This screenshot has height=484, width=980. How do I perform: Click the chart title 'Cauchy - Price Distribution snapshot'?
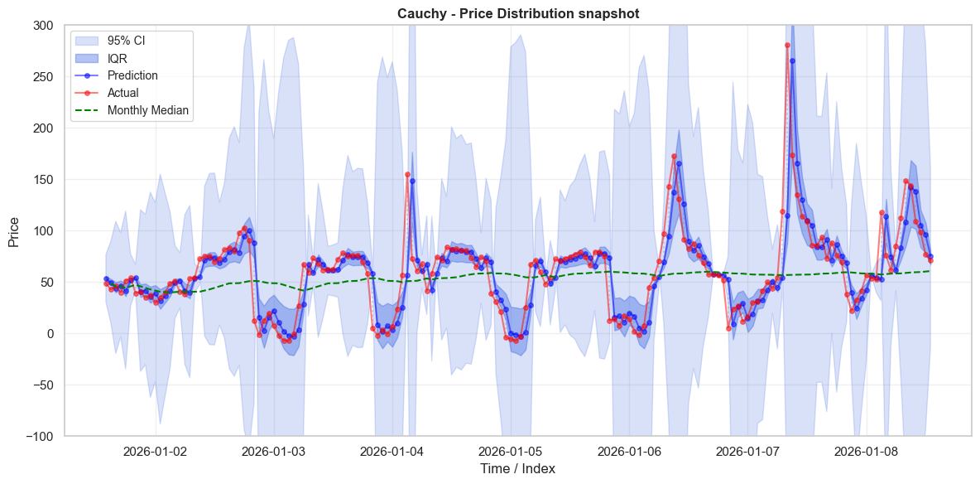518,13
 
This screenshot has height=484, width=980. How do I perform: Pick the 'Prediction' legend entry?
132,75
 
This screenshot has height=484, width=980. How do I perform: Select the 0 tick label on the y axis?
51,333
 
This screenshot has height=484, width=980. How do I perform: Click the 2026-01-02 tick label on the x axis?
156,452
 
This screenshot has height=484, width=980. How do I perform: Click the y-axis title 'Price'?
14,230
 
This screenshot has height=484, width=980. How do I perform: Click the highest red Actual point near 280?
787,45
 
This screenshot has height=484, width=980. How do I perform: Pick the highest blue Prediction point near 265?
792,60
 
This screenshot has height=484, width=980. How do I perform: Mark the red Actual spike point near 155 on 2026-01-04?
407,175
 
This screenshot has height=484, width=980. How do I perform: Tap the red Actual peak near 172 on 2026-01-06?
674,157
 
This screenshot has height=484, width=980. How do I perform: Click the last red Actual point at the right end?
930,260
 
